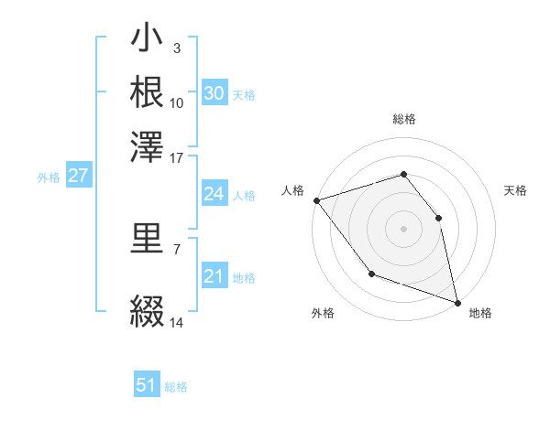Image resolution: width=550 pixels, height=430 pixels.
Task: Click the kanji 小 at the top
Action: (x=147, y=40)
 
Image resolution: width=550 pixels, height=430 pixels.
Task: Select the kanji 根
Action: (x=147, y=91)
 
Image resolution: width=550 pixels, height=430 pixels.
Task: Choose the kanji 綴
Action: (x=147, y=311)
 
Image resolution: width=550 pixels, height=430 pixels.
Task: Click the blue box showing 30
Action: (x=214, y=93)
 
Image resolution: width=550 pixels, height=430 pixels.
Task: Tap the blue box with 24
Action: (x=214, y=194)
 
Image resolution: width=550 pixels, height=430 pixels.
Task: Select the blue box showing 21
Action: (x=214, y=276)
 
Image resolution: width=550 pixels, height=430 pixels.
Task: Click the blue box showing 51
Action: (x=147, y=385)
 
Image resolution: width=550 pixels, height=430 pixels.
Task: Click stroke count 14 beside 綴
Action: (x=177, y=322)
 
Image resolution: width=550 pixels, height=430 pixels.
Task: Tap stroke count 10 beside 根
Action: (x=177, y=102)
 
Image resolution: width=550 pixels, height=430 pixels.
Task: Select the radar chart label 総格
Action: (x=403, y=119)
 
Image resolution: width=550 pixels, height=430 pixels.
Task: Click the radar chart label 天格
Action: (x=515, y=190)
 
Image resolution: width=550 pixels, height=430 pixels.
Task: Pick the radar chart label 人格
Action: (x=292, y=190)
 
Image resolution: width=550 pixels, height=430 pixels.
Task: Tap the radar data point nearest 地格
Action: (x=456, y=301)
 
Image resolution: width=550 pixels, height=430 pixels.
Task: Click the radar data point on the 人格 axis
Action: (x=316, y=199)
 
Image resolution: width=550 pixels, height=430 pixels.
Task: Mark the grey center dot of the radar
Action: (x=403, y=228)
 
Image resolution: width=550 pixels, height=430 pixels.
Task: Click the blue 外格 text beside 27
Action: (x=49, y=177)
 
